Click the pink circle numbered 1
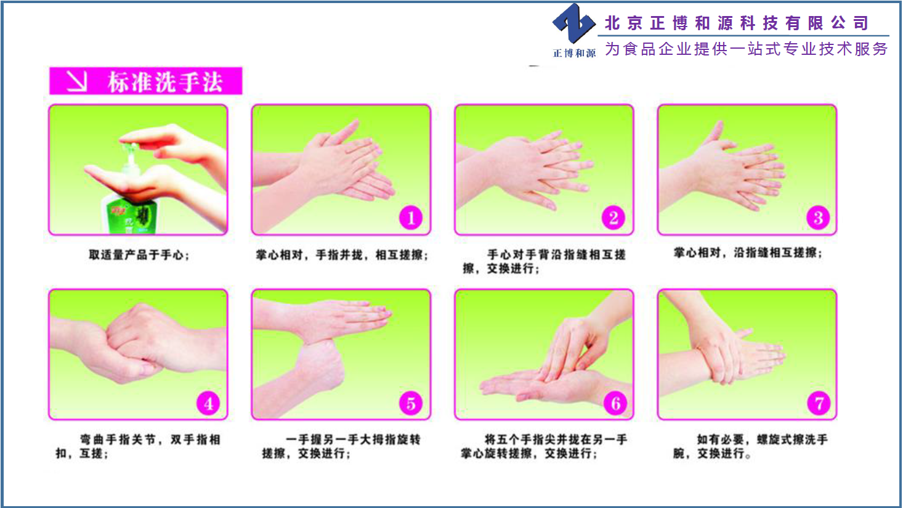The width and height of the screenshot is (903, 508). [x=410, y=218]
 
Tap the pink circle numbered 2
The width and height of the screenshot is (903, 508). [x=613, y=218]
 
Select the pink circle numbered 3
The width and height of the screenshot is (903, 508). [x=818, y=218]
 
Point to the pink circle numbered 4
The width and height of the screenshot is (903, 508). [x=208, y=403]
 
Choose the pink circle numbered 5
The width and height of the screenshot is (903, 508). [x=411, y=403]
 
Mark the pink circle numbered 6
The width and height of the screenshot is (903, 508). [x=615, y=403]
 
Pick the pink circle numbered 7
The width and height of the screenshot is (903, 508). [x=819, y=403]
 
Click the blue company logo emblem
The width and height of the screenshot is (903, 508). [x=574, y=23]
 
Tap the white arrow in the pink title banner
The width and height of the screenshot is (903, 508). [x=76, y=81]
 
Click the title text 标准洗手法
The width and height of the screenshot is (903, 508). [x=165, y=82]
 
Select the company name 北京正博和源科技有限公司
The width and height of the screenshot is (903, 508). [x=736, y=23]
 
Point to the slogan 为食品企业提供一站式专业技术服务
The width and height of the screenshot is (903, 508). [x=746, y=49]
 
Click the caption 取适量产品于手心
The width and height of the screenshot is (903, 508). [x=139, y=255]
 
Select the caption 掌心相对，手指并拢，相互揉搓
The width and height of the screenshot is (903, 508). [x=342, y=255]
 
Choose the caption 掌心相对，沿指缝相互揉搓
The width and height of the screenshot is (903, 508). [x=748, y=253]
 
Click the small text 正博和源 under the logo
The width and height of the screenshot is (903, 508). [x=574, y=53]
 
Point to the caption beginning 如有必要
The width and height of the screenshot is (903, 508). [x=750, y=446]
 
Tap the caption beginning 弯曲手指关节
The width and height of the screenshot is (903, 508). [x=138, y=446]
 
